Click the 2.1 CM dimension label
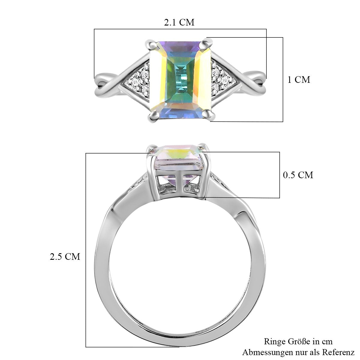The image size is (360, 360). pos(179,22)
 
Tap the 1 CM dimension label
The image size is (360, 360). pos(299,79)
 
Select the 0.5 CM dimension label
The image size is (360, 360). pos(298,175)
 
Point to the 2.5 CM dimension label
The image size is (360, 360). pos(65,256)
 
